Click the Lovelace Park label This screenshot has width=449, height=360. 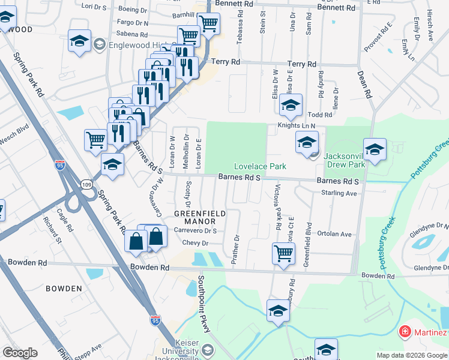pos(260,166)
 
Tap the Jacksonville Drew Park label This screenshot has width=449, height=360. pos(345,160)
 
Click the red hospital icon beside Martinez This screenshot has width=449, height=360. pos(405,332)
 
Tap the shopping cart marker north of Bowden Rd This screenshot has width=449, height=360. pos(283,252)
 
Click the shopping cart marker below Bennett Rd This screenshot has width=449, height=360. pos(208,23)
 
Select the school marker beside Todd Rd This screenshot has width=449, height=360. pos(291,104)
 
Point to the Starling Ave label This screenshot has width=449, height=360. pos(339,193)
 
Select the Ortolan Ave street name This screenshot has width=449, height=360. pos(334,234)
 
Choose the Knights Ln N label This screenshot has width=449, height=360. pos(296,126)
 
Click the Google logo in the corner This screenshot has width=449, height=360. pos(20,353)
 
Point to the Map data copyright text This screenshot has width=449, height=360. pos(412,355)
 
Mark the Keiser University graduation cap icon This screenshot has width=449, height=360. pos(207,349)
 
